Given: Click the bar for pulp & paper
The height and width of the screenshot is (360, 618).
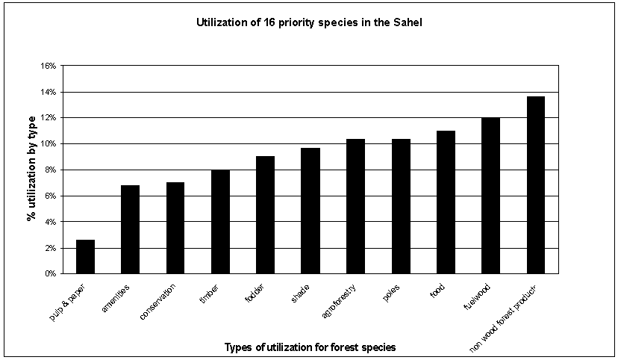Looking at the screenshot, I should [85, 256].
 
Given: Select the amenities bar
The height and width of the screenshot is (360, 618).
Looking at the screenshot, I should [130, 229].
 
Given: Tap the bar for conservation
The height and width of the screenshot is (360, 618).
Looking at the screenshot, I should [175, 228].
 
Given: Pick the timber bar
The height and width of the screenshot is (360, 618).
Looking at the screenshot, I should [220, 222].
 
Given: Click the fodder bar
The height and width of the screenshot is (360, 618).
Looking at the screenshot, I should [265, 215].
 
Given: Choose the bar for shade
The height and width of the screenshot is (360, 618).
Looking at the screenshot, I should [310, 211].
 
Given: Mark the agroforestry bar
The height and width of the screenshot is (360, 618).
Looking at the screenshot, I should [355, 206].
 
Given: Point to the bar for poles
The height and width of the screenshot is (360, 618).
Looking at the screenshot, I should [401, 206].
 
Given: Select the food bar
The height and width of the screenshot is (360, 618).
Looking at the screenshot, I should [446, 202].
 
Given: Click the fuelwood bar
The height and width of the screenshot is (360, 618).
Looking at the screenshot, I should [490, 196].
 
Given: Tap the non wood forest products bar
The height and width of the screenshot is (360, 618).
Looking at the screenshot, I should [536, 185].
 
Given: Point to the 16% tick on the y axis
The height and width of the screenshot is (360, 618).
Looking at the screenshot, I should [49, 66].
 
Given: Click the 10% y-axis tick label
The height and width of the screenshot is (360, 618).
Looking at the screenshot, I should [49, 144].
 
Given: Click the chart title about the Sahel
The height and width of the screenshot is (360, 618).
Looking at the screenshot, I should [309, 23].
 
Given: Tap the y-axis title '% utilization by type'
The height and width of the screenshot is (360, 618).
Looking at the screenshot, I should [33, 170].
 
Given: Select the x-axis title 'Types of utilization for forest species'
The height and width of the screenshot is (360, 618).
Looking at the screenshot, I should [309, 347].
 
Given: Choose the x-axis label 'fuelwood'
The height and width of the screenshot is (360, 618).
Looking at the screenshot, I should [482, 300].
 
